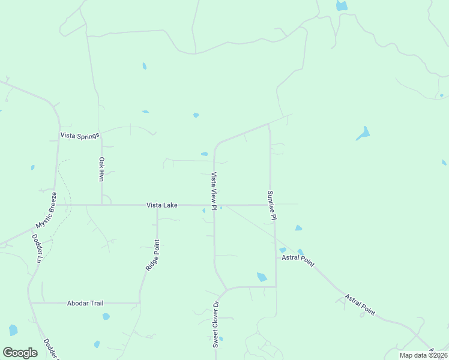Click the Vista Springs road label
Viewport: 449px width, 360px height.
[x=79, y=136]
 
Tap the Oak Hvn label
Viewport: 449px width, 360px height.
[x=102, y=169]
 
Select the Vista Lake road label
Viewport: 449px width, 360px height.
[x=162, y=205]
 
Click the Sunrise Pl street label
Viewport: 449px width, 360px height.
[x=271, y=205]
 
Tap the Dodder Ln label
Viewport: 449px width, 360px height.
[x=37, y=248]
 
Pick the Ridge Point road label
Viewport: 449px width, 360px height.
[x=152, y=256]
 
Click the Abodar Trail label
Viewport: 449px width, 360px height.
[x=85, y=304]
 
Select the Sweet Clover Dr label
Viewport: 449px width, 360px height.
[x=216, y=325]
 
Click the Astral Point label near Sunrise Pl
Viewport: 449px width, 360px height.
[x=298, y=257]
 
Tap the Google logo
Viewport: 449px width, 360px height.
[x=20, y=353]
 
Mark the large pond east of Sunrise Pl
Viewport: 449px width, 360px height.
[x=363, y=133]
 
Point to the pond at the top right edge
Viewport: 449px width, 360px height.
[x=342, y=6]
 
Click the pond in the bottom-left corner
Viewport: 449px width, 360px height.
[x=13, y=330]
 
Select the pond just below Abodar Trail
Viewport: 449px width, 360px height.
[x=106, y=316]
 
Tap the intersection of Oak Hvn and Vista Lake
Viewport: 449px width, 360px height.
[x=101, y=205]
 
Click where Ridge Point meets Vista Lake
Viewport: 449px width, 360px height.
[x=157, y=205]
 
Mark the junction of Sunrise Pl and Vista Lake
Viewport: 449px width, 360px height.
[x=270, y=205]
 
